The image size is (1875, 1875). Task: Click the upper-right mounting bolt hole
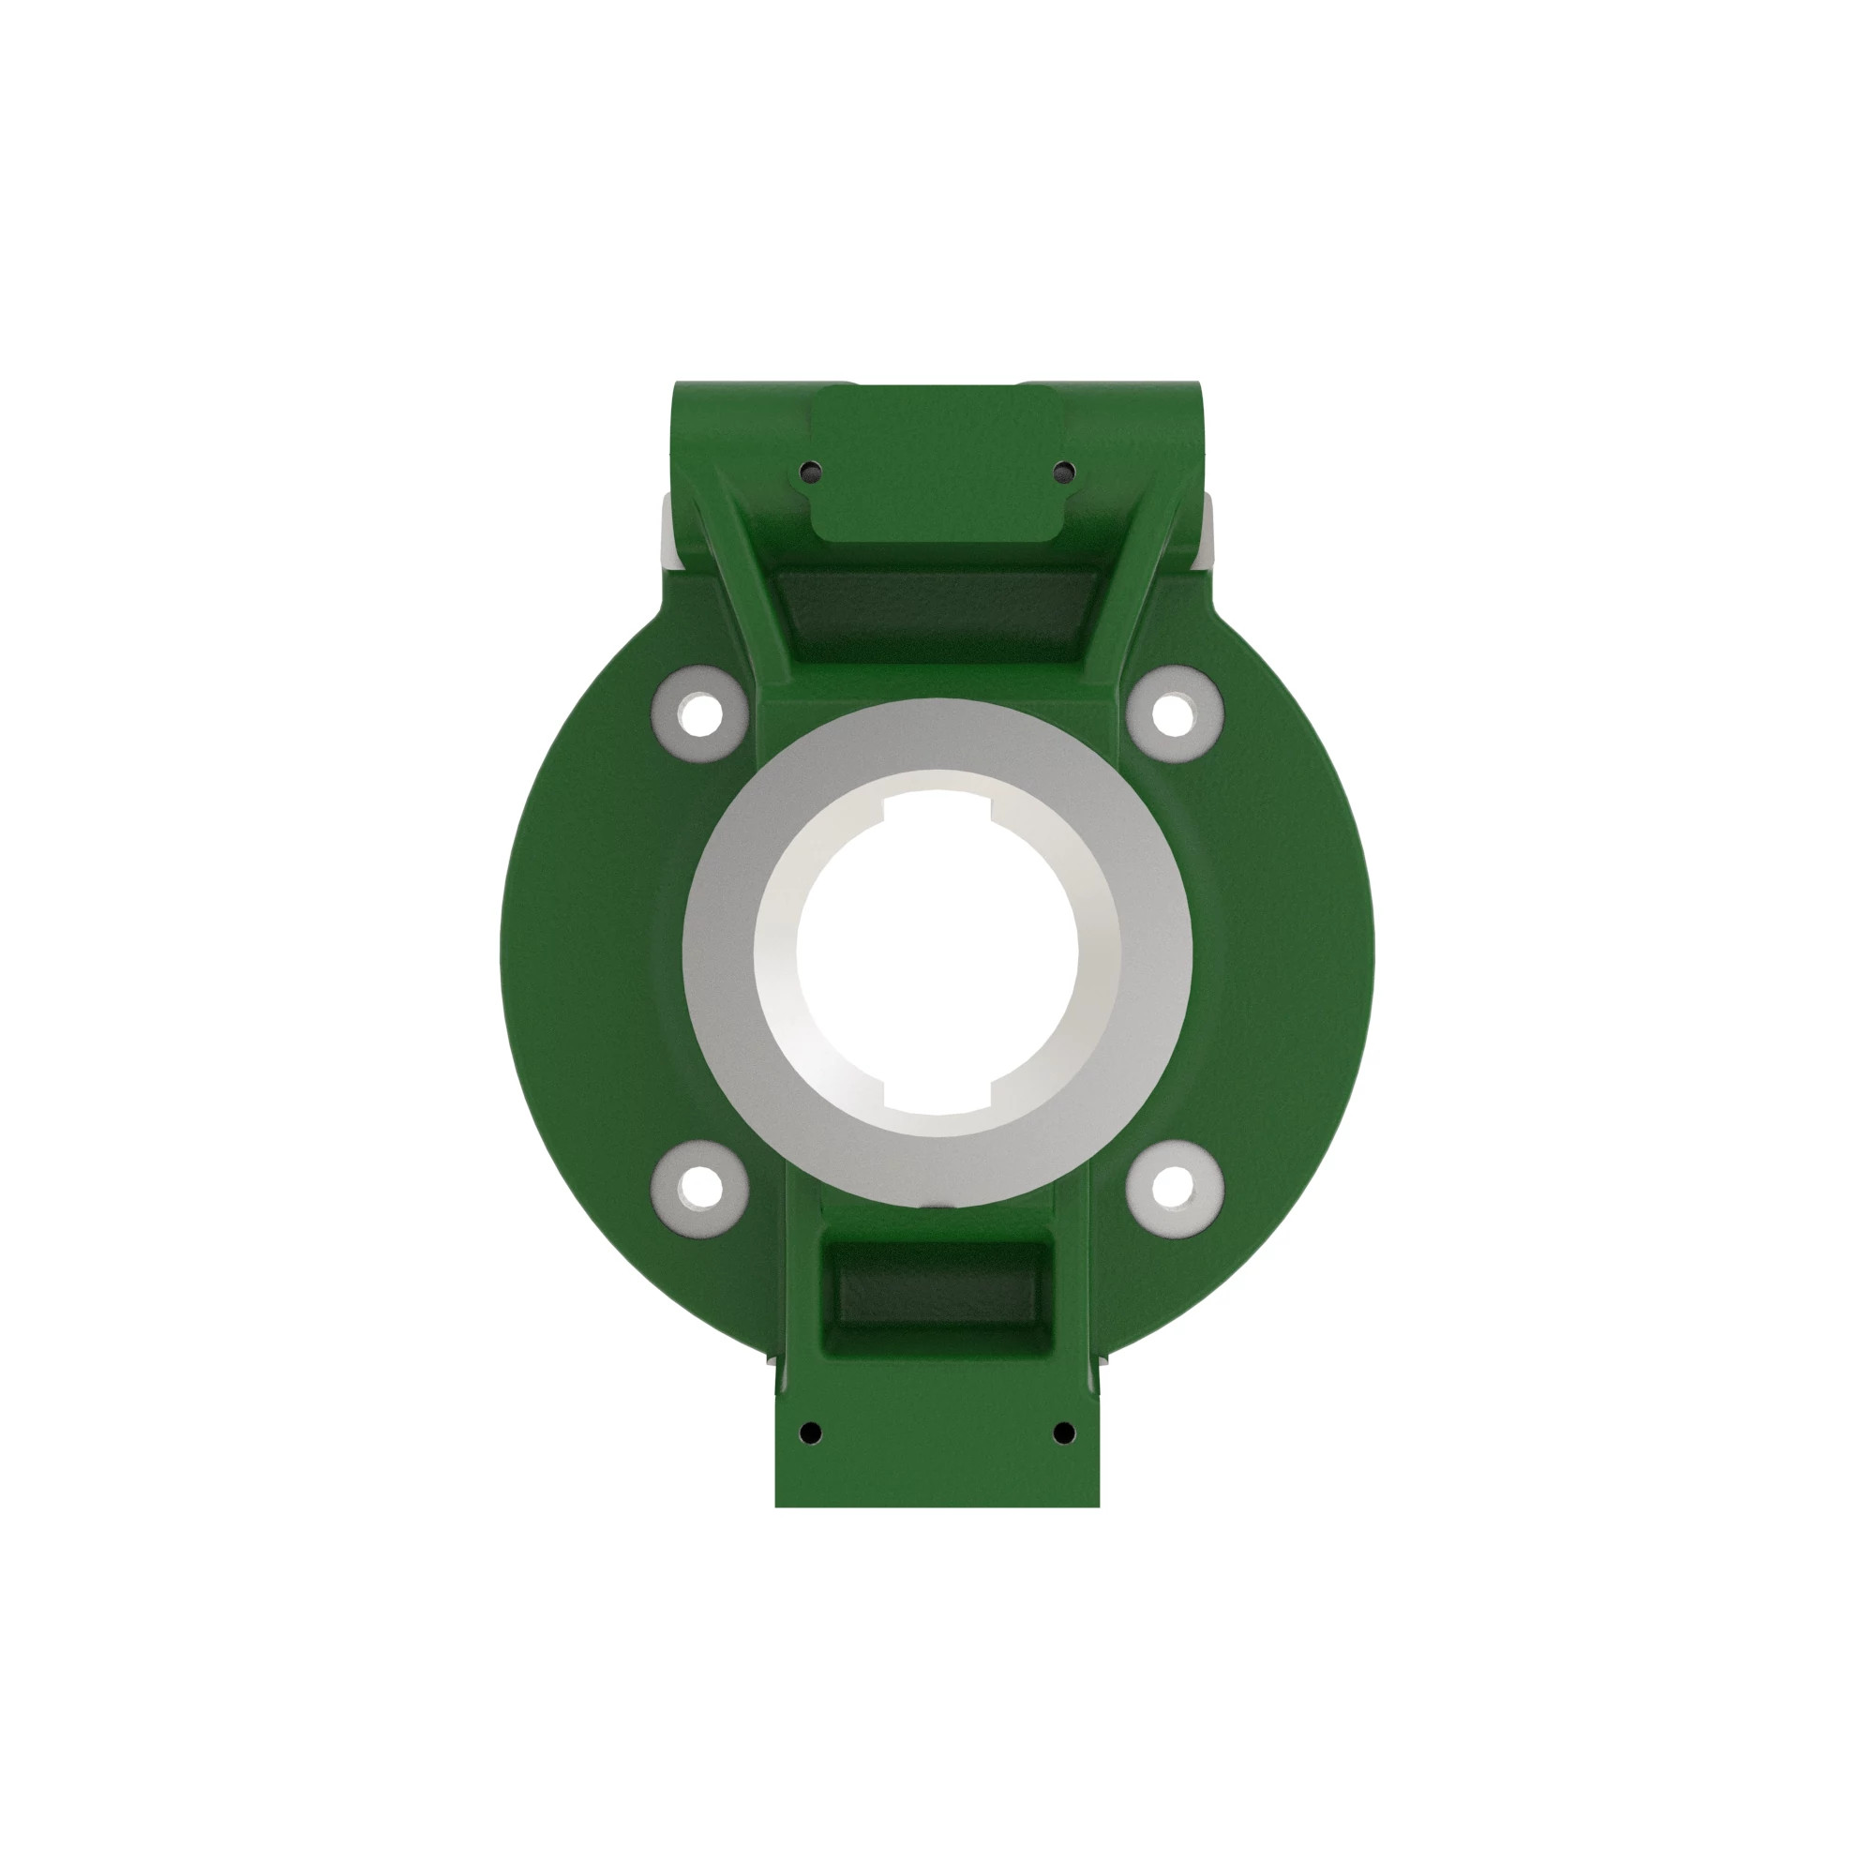(x=1174, y=713)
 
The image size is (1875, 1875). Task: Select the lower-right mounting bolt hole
(x=1174, y=1187)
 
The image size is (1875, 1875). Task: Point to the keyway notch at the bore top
(x=937, y=802)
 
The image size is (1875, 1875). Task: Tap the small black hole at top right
(x=1064, y=472)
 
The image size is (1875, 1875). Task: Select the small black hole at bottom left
(x=811, y=1432)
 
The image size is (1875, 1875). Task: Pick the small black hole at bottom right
(x=1064, y=1432)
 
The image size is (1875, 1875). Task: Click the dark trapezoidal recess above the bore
(x=937, y=611)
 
